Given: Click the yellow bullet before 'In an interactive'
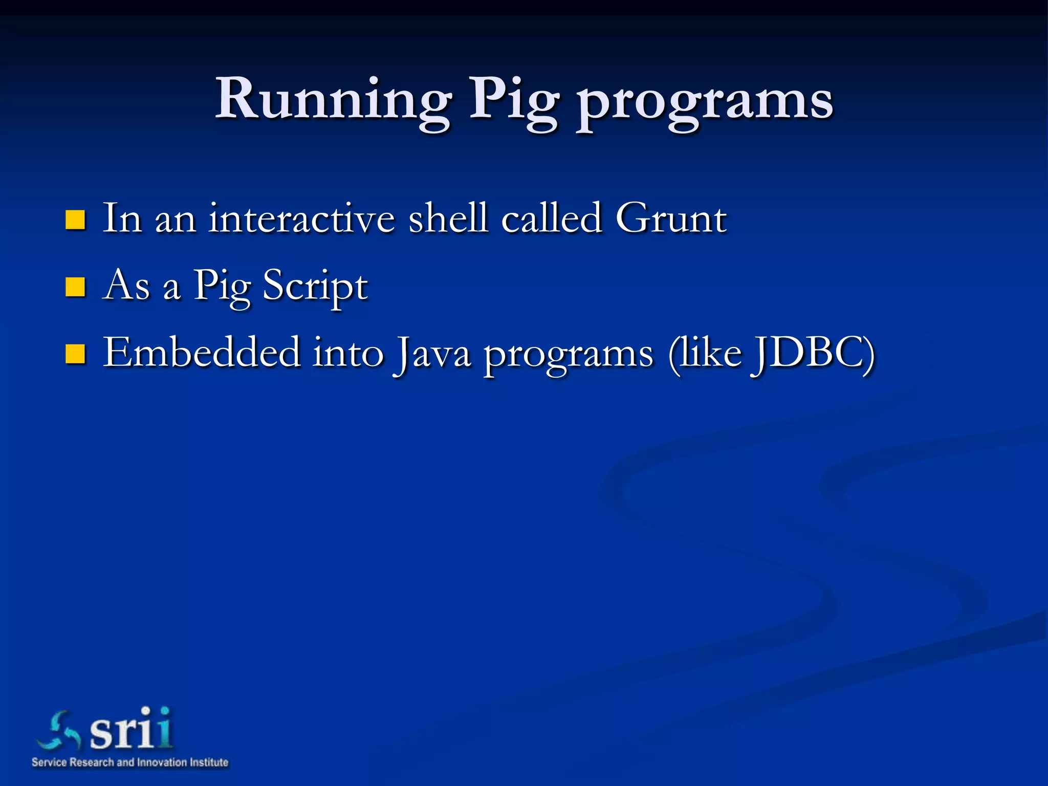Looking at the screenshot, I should [75, 220].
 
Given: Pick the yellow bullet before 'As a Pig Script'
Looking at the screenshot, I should [75, 287].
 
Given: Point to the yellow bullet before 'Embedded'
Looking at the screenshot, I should [75, 354].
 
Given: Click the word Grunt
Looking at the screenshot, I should [670, 219].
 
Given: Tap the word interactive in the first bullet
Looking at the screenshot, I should [301, 219].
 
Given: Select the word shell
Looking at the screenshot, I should [448, 219].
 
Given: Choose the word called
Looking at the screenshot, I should [551, 219].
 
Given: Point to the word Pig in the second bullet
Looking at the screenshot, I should [223, 287].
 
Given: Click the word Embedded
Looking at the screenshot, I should [202, 353].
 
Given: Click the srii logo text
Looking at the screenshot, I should [131, 729].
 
